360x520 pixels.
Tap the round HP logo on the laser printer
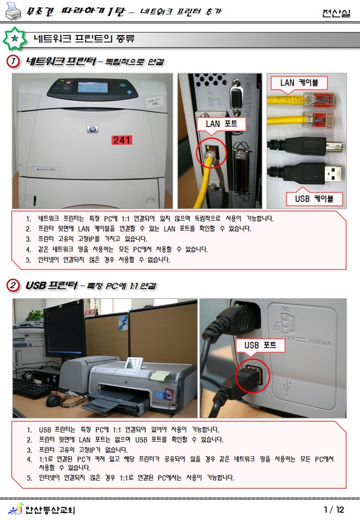pos(92,129)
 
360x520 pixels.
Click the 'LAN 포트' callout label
pos(221,124)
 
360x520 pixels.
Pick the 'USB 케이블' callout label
pos(319,199)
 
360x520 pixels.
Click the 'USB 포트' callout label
pos(260,345)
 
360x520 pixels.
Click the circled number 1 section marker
pos(13,62)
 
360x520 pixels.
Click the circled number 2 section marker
pos(13,286)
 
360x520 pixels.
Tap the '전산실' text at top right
pos(336,14)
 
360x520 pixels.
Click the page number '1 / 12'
pos(334,510)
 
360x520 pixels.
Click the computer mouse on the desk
pos(54,400)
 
